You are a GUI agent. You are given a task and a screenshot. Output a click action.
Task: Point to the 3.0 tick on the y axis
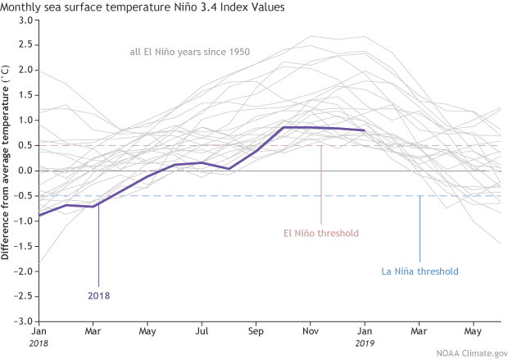(24, 20)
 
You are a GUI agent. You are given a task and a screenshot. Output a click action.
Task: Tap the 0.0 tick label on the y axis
(24, 171)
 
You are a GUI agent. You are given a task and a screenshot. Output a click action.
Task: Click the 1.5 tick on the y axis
(24, 95)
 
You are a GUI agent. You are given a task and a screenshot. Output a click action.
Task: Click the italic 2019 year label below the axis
(365, 344)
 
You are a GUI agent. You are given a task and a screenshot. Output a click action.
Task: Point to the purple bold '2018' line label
(98, 294)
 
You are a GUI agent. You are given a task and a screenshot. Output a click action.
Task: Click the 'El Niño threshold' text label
(320, 233)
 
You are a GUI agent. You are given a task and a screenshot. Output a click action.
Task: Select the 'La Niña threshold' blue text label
(420, 271)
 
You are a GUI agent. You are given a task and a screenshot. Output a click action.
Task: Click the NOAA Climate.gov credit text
(466, 353)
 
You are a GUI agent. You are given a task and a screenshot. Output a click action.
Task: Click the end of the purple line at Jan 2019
(365, 130)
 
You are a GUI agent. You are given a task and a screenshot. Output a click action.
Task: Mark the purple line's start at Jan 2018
(39, 215)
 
